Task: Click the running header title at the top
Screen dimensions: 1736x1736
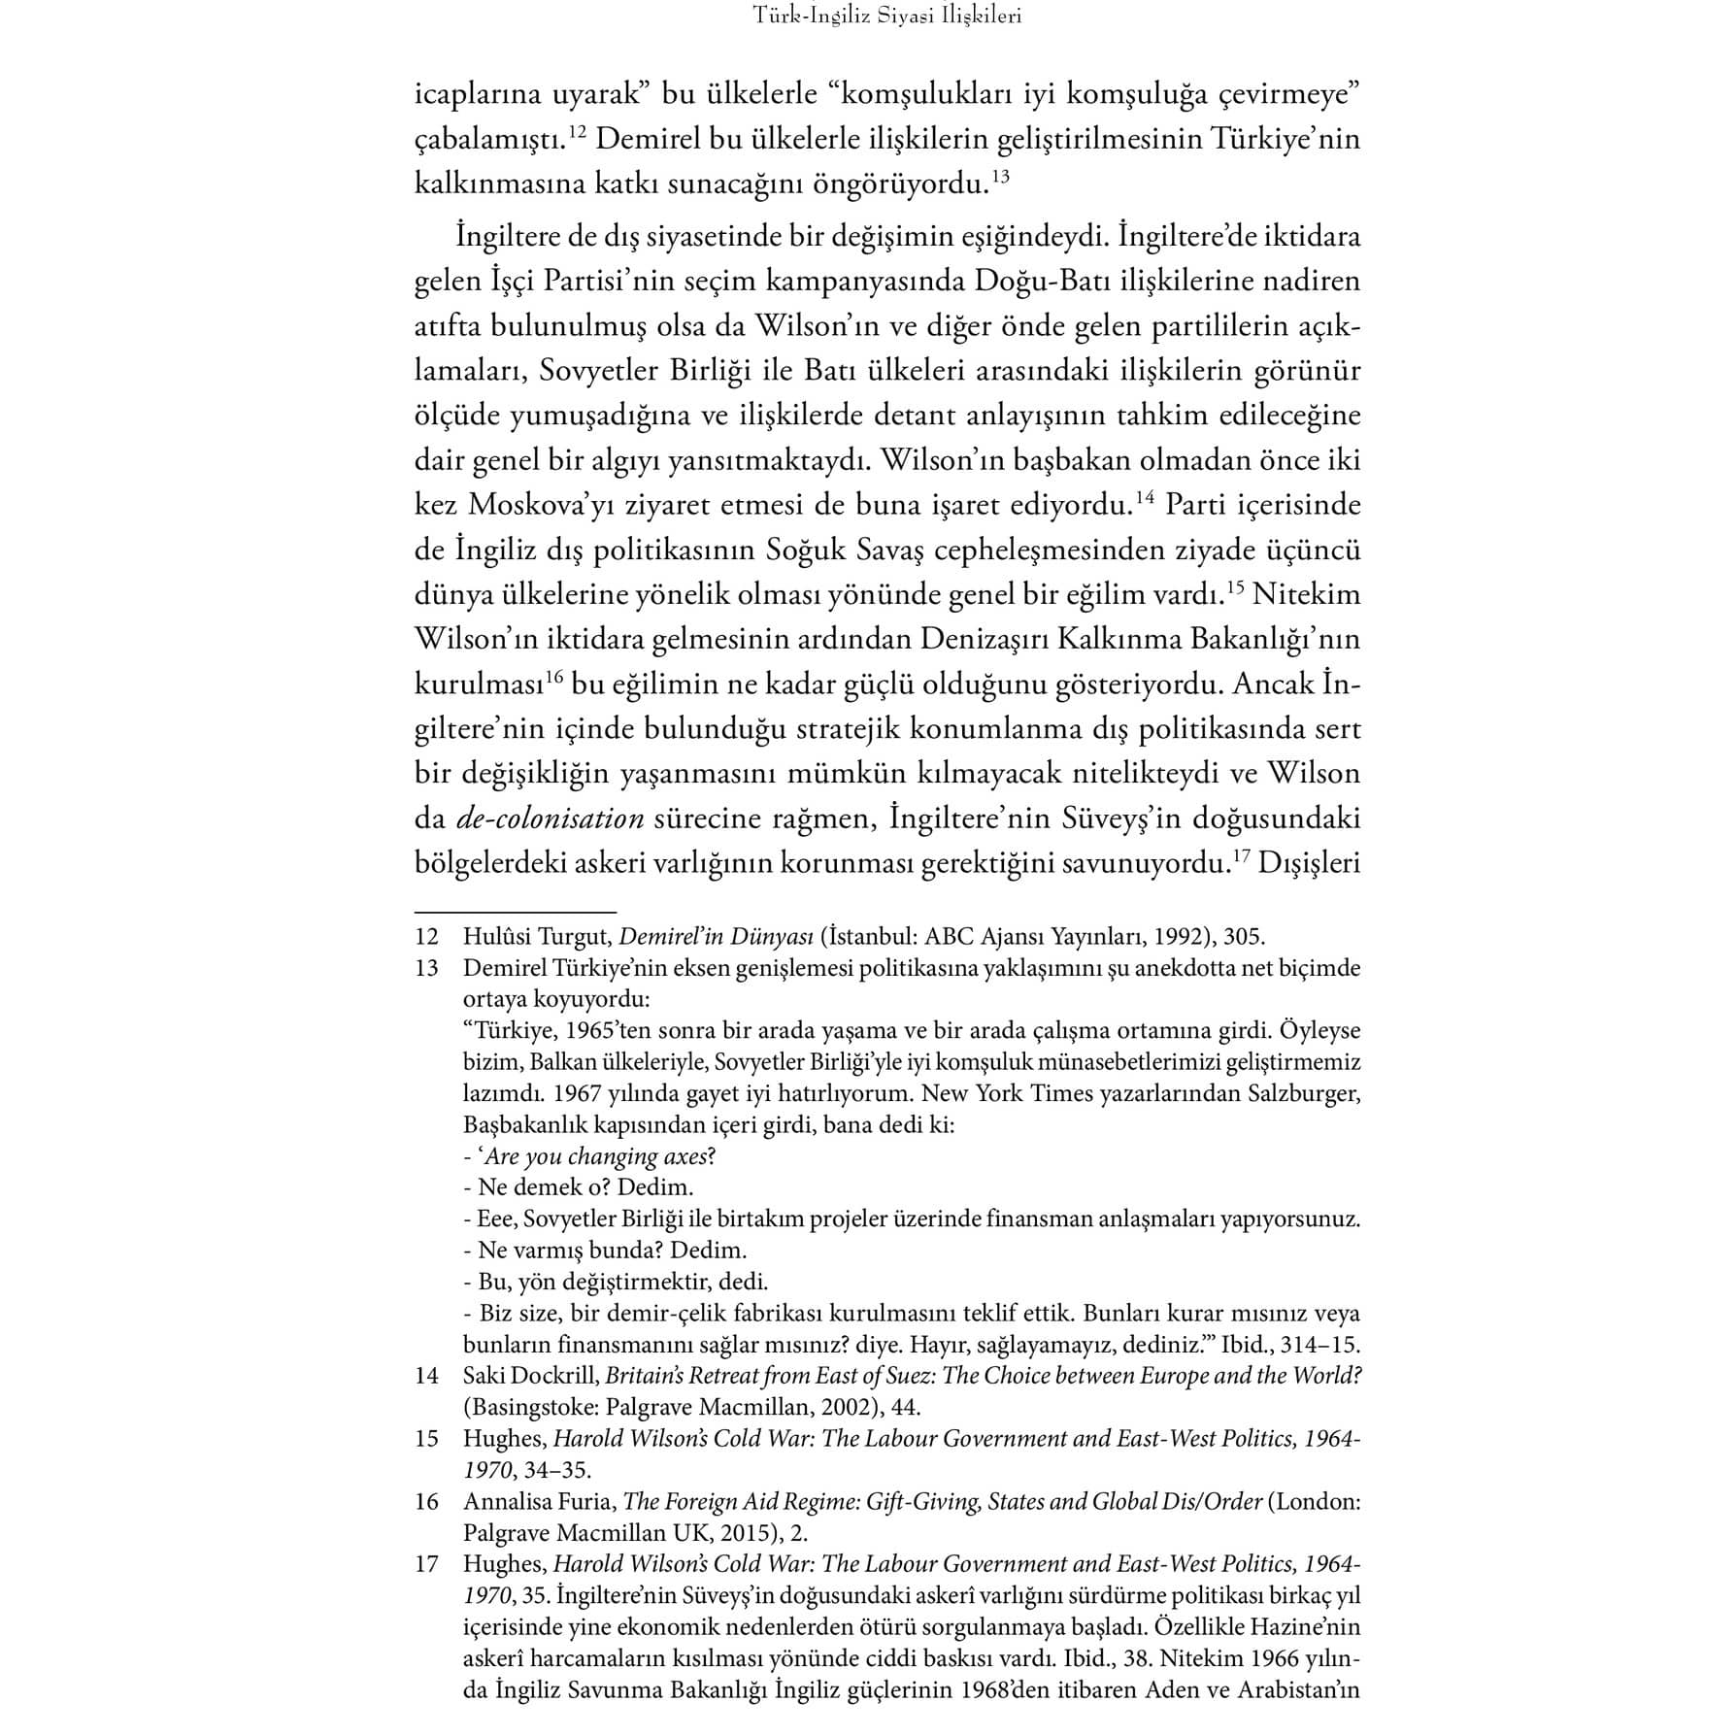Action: pyautogui.click(x=887, y=17)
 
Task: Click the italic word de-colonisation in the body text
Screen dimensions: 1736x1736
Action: pyautogui.click(x=550, y=818)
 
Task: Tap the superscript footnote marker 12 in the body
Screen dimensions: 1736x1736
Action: pyautogui.click(x=577, y=133)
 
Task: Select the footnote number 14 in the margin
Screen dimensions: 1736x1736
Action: pyautogui.click(x=427, y=1376)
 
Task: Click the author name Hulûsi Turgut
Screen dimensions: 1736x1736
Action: pyautogui.click(x=534, y=937)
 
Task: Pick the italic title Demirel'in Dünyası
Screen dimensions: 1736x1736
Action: pyautogui.click(x=716, y=937)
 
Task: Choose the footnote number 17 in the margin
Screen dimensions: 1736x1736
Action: pyautogui.click(x=427, y=1564)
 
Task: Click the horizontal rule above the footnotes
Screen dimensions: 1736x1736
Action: pyautogui.click(x=516, y=913)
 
